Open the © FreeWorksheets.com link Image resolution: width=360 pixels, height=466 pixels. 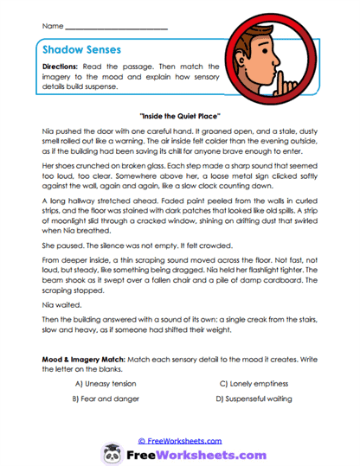(x=179, y=440)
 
